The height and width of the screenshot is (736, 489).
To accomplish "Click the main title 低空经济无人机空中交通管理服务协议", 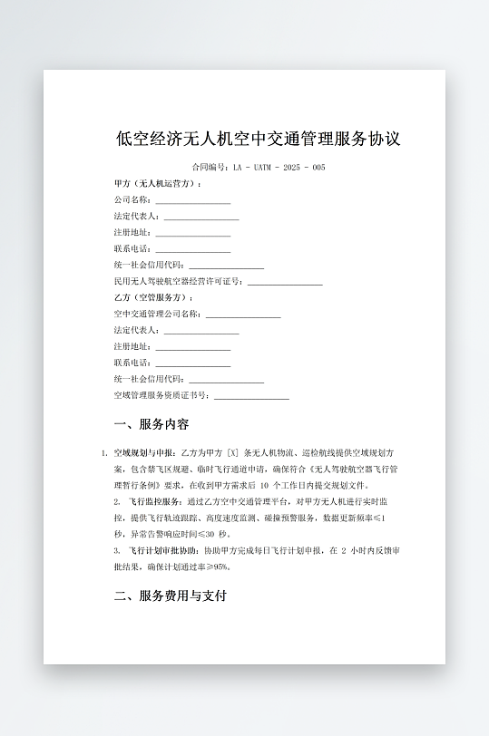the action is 259,140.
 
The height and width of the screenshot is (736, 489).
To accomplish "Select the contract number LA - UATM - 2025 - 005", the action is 279,168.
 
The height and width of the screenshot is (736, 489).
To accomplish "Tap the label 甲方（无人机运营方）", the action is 157,184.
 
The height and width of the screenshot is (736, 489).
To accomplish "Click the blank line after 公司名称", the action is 192,200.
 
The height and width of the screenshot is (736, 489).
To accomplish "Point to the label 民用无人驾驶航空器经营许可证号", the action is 179,282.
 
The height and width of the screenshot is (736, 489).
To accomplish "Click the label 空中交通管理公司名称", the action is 159,315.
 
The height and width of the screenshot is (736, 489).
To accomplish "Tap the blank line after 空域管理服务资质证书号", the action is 251,396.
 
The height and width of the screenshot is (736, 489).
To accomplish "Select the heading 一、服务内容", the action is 152,424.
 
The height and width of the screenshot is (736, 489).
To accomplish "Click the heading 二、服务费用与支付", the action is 170,596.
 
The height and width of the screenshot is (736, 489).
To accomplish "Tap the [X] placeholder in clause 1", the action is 233,452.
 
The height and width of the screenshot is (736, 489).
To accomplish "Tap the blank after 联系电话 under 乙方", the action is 192,363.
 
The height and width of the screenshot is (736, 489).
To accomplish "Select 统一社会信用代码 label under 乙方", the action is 149,380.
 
